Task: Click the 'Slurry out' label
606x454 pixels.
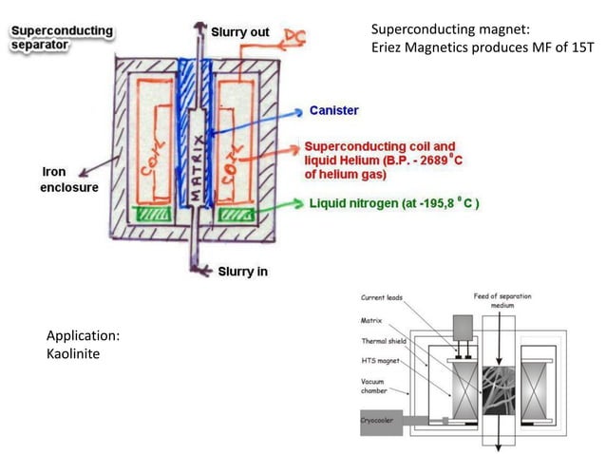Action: pyautogui.click(x=239, y=32)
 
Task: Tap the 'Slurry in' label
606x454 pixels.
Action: pyautogui.click(x=242, y=272)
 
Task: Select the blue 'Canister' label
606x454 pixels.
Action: pyautogui.click(x=333, y=111)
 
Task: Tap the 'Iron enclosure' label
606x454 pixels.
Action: pyautogui.click(x=67, y=180)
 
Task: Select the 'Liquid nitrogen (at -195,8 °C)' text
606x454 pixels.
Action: pyautogui.click(x=392, y=203)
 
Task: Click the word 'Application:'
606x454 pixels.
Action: pyautogui.click(x=84, y=335)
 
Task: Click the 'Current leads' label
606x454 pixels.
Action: pyautogui.click(x=382, y=298)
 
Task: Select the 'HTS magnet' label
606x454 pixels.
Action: pyautogui.click(x=378, y=360)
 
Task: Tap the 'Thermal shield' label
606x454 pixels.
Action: pyautogui.click(x=384, y=341)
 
